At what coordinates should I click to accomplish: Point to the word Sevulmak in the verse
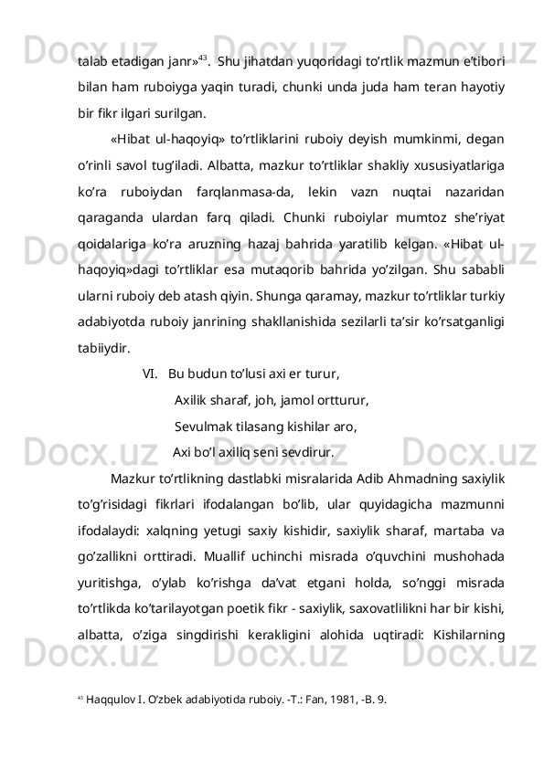tap(203, 425)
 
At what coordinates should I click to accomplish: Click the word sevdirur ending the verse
tap(305, 450)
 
